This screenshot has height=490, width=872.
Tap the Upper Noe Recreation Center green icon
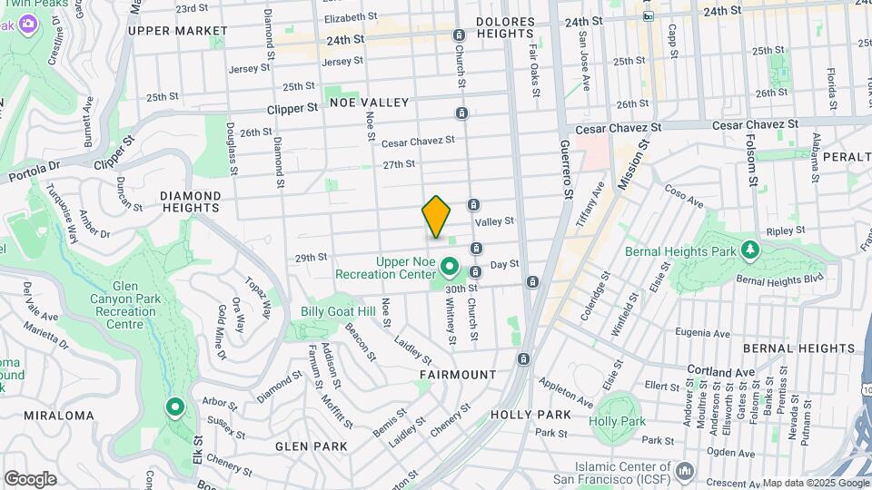[450, 268]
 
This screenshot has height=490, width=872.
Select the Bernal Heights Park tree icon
[749, 249]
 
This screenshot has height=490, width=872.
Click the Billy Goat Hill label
[338, 311]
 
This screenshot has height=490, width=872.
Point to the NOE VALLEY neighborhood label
[370, 103]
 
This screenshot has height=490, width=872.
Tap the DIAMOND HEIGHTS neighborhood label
[190, 202]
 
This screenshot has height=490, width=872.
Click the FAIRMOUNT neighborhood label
[458, 374]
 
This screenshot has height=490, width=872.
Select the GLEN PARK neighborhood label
[312, 446]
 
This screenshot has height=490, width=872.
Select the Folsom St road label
[753, 163]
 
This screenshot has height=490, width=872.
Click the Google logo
[29, 479]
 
